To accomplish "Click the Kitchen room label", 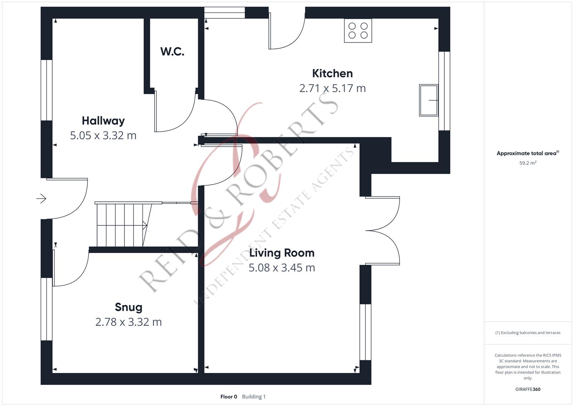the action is pos(332,74).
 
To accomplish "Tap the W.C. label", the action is pos(172,52).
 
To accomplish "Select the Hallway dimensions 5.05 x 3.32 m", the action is pos(103,135).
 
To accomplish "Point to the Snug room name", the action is pos(129,307).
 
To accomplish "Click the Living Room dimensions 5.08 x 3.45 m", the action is pos(282,268).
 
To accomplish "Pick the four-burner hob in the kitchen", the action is pos(358,30).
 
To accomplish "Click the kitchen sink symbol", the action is pos(429,100).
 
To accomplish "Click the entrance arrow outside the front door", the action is pos(41,198).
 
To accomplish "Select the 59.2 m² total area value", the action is pos(528,163).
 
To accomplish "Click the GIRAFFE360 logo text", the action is pos(528,389).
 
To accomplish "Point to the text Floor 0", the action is pos(229,397).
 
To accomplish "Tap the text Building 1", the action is pos(254,397).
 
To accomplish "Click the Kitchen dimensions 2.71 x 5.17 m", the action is pos(332,88).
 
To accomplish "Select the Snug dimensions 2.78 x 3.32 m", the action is pos(129,322).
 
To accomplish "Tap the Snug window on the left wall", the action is pos(47,309).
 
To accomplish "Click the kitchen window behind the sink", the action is pos(444,91).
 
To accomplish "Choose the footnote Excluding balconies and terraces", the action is pos(528,333).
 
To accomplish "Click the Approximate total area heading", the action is pos(528,153).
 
